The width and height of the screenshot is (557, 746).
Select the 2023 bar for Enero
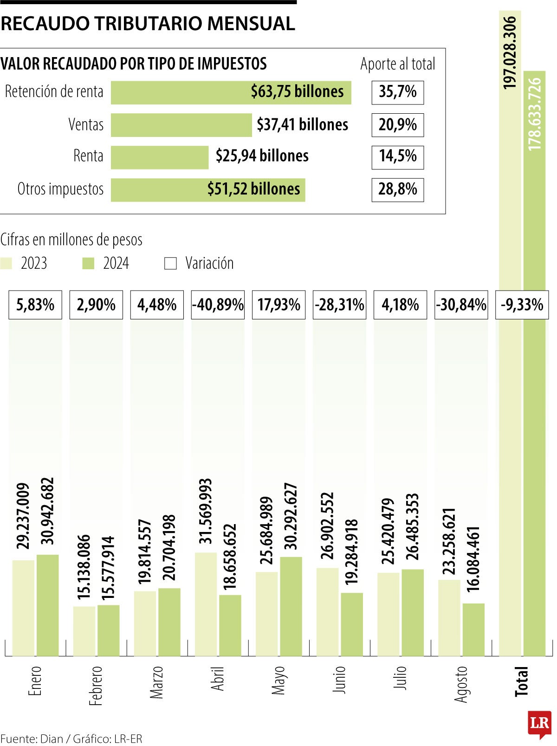pyautogui.click(x=23, y=608)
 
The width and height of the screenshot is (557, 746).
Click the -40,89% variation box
pyautogui.click(x=218, y=305)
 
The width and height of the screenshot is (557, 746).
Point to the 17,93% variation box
pyautogui.click(x=278, y=305)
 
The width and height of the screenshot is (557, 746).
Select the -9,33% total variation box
pyautogui.click(x=522, y=305)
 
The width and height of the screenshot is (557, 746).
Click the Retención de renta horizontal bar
pyautogui.click(x=231, y=92)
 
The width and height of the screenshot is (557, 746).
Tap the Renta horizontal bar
pyautogui.click(x=160, y=157)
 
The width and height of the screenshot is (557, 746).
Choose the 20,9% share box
pyautogui.click(x=397, y=125)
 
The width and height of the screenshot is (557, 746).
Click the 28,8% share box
pyautogui.click(x=397, y=189)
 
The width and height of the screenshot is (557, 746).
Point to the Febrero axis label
pyautogui.click(x=96, y=686)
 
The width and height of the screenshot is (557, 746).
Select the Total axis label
pyautogui.click(x=522, y=681)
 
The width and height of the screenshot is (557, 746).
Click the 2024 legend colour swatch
pyautogui.click(x=88, y=264)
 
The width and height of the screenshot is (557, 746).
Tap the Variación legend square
pyautogui.click(x=171, y=264)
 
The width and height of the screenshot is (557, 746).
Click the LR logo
pyautogui.click(x=539, y=723)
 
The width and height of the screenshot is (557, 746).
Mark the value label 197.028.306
pyautogui.click(x=510, y=52)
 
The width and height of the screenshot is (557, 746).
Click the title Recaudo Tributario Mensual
pyautogui.click(x=148, y=23)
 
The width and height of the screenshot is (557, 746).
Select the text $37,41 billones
pyautogui.click(x=302, y=125)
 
